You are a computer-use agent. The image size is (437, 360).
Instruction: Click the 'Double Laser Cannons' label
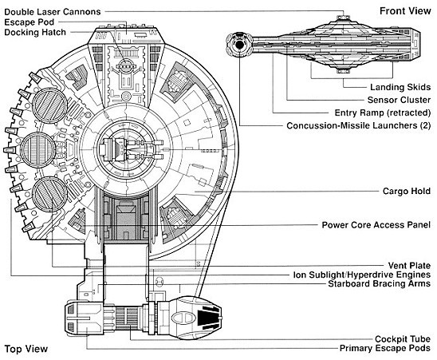[x=53, y=12]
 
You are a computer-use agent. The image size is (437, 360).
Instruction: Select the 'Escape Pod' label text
[x=30, y=22]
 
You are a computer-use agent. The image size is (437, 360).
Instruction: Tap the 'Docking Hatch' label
[x=35, y=33]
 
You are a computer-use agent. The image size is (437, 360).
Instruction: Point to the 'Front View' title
[x=405, y=11]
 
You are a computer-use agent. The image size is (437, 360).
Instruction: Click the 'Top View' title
[x=26, y=349]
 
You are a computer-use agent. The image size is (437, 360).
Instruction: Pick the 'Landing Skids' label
[x=400, y=87]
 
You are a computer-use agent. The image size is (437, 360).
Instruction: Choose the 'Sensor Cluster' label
[x=399, y=100]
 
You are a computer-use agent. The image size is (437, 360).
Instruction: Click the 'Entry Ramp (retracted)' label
[x=383, y=113]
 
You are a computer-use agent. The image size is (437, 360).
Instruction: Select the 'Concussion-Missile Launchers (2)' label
[x=359, y=125]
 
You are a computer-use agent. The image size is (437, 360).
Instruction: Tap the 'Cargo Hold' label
[x=407, y=191]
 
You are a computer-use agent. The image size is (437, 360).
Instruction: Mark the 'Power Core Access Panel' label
[x=376, y=225]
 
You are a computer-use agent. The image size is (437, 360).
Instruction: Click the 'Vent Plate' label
[x=409, y=265]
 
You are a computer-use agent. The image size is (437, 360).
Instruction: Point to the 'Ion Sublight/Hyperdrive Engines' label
[x=362, y=275]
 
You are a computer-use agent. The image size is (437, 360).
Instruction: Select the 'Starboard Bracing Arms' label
[x=380, y=284]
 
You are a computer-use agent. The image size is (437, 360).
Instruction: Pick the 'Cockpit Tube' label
[x=403, y=339]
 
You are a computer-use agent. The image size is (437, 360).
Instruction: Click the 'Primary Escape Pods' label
[x=385, y=348]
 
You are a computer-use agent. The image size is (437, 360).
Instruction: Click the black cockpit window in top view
[x=208, y=318]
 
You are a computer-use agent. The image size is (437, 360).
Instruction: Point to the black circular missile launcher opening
[x=239, y=45]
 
